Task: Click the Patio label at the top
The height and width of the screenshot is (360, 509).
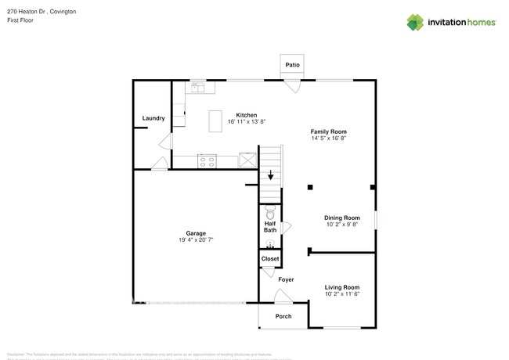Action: [x=292, y=65]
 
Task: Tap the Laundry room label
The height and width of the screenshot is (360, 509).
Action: [x=153, y=118]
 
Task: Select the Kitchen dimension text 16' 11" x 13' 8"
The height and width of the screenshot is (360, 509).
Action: [x=247, y=122]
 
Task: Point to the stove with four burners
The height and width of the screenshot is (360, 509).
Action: [x=208, y=162]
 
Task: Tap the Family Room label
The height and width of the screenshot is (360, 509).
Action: [x=329, y=131]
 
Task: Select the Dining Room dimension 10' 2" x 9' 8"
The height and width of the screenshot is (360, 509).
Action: [x=342, y=225]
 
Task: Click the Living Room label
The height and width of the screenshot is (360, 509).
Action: [x=342, y=287]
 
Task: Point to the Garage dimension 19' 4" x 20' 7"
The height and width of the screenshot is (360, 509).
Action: [x=196, y=239]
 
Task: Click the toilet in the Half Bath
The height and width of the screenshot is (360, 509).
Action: [x=270, y=212]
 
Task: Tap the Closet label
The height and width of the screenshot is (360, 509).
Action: [x=270, y=258]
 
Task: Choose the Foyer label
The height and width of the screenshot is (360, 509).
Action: [x=286, y=279]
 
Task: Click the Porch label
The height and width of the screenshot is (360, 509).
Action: [x=283, y=316]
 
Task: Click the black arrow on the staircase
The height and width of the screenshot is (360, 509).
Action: [x=271, y=176]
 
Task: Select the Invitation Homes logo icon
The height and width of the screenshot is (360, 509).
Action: [x=416, y=22]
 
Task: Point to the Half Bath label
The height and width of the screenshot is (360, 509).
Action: [x=270, y=227]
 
